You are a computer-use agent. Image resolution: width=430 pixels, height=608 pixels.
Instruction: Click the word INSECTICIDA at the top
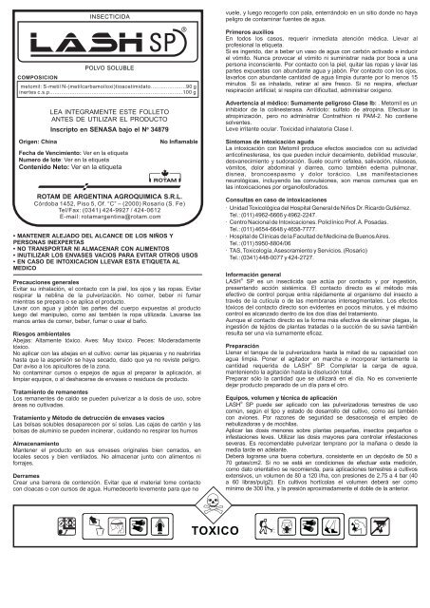(107, 17)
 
